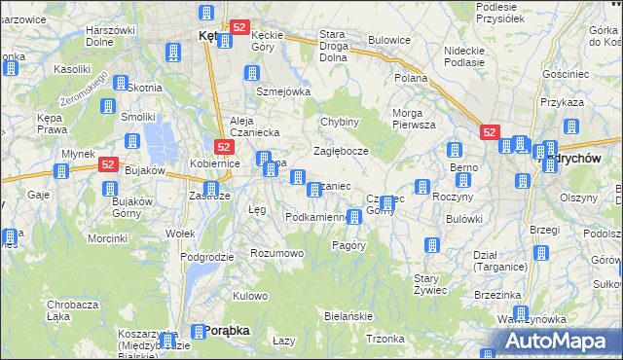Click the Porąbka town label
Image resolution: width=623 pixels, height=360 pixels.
click(x=227, y=331)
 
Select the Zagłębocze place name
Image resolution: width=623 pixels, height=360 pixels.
click(x=341, y=152)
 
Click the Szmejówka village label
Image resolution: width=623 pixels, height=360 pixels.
click(x=282, y=91)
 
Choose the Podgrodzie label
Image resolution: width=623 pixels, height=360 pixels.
click(x=206, y=257)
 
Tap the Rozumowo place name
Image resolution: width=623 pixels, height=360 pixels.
click(x=277, y=253)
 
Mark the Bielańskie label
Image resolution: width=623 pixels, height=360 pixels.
click(x=348, y=317)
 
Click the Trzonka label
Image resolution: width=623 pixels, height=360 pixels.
click(x=385, y=339)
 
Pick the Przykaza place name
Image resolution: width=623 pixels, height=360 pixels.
click(x=589, y=102)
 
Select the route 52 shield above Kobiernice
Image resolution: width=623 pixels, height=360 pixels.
click(x=224, y=147)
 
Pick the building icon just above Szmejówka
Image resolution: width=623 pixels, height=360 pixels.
click(x=252, y=73)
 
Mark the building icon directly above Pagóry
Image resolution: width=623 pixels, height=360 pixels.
click(x=353, y=216)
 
